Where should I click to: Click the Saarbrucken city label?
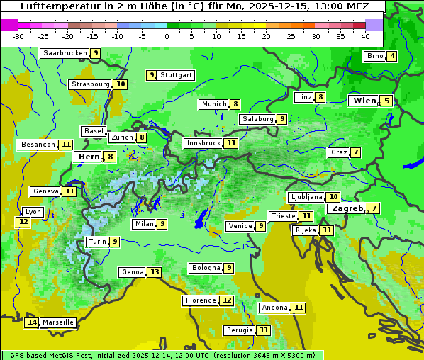point(65,53)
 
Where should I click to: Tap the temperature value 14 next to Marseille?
point(31,322)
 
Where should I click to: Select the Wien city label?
point(364,101)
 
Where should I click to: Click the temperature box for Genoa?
point(155,272)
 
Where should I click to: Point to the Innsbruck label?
point(203,143)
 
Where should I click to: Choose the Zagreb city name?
point(347,208)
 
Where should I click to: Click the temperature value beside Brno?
point(392,57)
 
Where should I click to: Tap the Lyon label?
point(33,212)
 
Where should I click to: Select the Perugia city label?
point(239,330)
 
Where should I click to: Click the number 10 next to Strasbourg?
point(121,84)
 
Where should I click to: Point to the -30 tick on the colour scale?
point(18,36)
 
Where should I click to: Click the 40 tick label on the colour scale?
point(365,36)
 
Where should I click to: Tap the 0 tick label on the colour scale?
point(167,36)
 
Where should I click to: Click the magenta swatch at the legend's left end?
point(10,25)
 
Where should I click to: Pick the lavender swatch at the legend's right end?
point(374,25)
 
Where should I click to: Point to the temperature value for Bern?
point(110,157)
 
